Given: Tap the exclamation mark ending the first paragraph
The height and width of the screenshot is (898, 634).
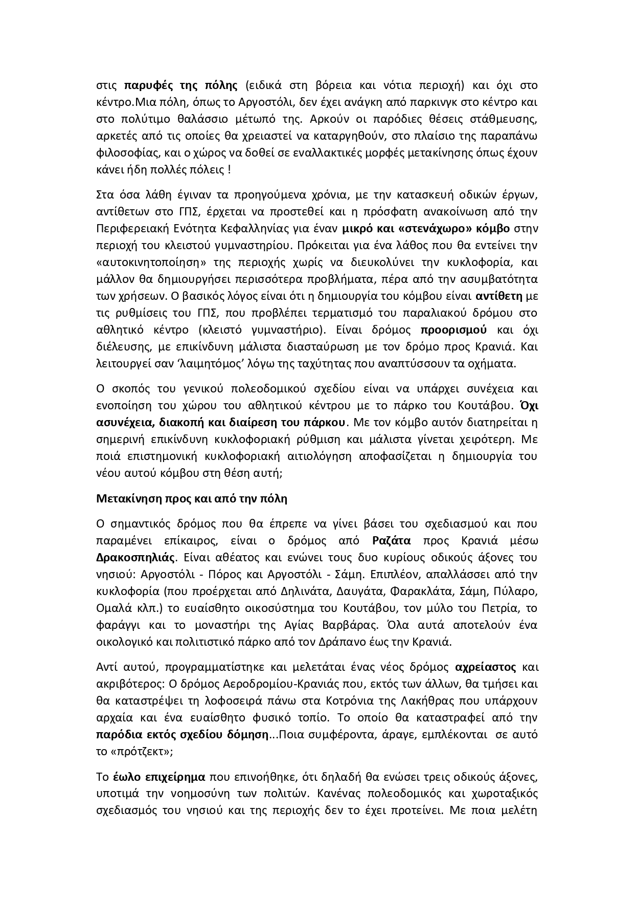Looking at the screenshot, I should coord(229,169).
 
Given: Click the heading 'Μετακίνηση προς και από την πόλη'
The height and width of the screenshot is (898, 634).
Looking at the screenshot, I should coord(192,498).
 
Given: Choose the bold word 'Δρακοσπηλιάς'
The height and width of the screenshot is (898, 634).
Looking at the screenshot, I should coord(135,558).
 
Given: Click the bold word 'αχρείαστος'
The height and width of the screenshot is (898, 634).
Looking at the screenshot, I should coord(485,667).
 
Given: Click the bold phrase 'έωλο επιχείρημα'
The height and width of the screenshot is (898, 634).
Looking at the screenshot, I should coord(158,777).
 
